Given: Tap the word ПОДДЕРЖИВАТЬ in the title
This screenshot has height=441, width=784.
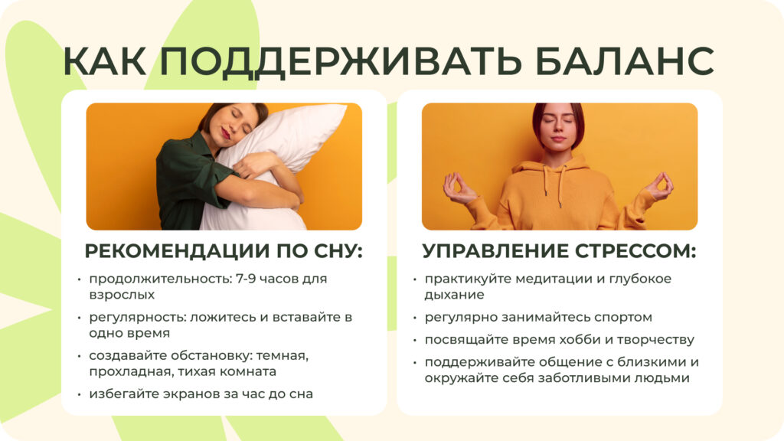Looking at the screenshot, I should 348,61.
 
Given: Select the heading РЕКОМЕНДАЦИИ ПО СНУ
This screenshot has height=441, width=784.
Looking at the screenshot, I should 224,251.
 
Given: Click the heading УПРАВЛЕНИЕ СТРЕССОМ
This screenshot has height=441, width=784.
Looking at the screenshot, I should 559,251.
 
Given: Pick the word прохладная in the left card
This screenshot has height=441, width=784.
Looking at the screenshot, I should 126,371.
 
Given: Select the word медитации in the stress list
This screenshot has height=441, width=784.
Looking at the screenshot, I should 540,279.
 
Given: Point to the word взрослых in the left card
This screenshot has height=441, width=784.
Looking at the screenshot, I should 122,295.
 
